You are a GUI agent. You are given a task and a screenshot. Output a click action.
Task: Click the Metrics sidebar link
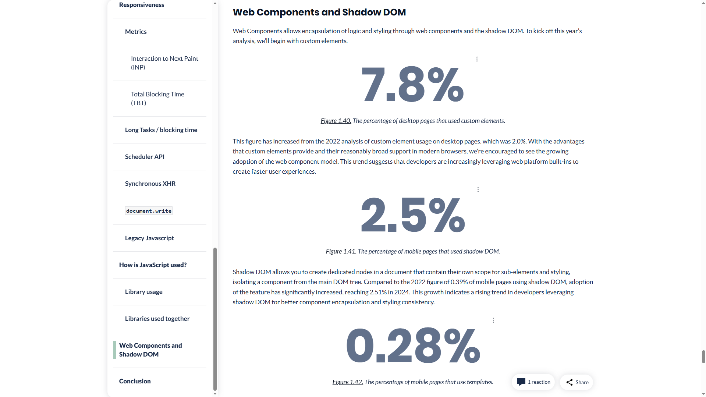click(x=136, y=32)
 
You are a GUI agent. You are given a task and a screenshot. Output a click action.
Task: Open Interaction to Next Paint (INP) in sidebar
click(x=164, y=63)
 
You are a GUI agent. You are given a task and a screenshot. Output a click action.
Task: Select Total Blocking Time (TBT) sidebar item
click(x=157, y=99)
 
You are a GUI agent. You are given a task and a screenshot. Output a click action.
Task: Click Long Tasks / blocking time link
click(x=161, y=130)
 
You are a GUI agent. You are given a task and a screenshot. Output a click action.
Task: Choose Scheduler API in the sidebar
click(x=144, y=157)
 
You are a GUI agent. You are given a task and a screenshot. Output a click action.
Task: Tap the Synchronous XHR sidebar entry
click(x=150, y=184)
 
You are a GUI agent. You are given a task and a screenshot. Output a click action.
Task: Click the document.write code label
click(x=149, y=211)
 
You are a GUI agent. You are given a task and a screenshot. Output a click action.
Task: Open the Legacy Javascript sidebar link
click(x=149, y=238)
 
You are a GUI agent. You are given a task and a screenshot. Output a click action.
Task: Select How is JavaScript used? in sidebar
click(x=152, y=265)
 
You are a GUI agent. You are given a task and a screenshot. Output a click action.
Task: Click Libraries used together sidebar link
click(x=157, y=319)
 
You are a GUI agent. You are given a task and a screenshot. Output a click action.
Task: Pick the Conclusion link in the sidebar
click(x=135, y=381)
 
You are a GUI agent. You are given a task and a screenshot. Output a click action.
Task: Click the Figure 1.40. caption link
click(x=336, y=121)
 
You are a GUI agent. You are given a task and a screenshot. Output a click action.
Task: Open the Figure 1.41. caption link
click(x=341, y=251)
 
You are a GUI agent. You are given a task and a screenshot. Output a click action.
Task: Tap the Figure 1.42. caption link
click(x=347, y=382)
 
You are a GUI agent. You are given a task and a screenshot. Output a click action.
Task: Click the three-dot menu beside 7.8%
click(x=477, y=59)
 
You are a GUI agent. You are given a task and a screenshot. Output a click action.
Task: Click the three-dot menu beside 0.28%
click(x=493, y=320)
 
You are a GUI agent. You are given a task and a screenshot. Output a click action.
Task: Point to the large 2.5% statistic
click(x=412, y=216)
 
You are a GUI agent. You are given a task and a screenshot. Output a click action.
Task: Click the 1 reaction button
click(x=533, y=382)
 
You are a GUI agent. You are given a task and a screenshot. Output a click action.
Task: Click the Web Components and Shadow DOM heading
click(x=319, y=12)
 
